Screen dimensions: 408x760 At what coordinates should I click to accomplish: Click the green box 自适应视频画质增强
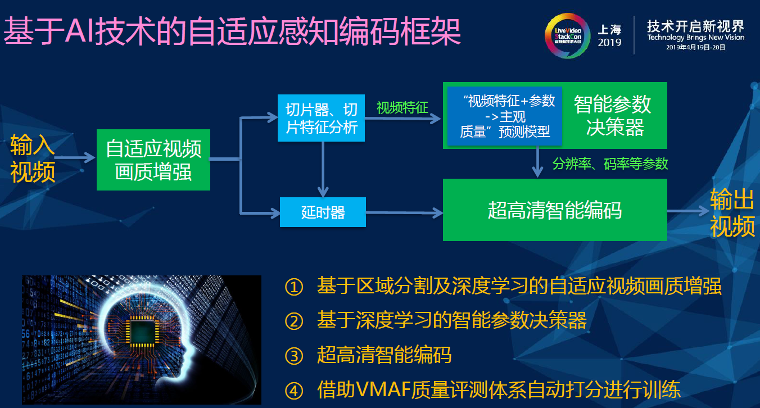[153, 160]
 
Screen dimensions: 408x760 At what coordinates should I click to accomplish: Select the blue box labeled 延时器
[323, 212]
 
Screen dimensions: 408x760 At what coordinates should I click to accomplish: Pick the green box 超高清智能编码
[554, 210]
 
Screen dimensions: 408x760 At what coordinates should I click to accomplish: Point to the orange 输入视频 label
[33, 159]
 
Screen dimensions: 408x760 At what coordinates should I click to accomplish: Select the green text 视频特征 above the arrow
[402, 107]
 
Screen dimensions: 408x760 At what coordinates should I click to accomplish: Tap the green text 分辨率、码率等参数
[610, 164]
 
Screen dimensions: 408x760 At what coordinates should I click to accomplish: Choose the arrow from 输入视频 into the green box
[75, 158]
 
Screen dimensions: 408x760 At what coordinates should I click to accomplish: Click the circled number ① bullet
[294, 287]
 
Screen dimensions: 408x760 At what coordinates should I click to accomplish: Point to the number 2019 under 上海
[609, 43]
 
